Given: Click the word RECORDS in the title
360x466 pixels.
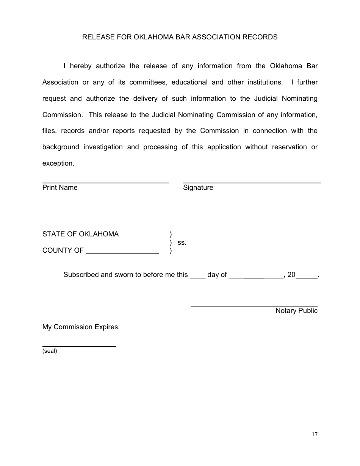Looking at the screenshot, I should click(x=260, y=37).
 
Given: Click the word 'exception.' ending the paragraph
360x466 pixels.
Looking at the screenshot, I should click(x=58, y=163).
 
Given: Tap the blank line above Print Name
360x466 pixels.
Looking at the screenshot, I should click(x=106, y=183).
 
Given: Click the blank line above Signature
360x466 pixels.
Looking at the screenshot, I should click(x=252, y=183).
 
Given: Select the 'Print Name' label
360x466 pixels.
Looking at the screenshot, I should click(x=60, y=188).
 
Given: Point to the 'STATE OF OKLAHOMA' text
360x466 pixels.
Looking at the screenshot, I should click(x=80, y=234).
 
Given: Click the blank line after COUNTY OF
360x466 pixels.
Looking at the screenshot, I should click(x=122, y=253).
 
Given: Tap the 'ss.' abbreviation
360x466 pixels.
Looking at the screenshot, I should click(x=182, y=242).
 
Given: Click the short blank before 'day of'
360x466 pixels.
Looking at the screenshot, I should click(x=197, y=277).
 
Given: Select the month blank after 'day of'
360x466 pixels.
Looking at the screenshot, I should click(x=256, y=277).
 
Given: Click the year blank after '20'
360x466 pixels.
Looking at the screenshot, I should click(x=307, y=277).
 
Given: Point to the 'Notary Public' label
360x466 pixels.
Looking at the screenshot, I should click(x=296, y=311).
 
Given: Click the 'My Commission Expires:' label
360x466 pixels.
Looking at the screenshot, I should click(x=81, y=327).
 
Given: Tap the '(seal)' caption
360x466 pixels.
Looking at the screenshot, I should click(x=50, y=351).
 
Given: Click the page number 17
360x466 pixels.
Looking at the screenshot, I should click(x=315, y=435).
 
